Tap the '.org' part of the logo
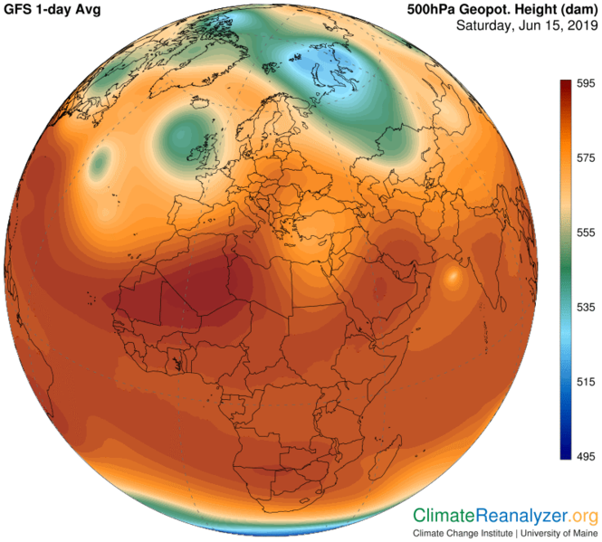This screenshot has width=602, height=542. coord(582,516)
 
